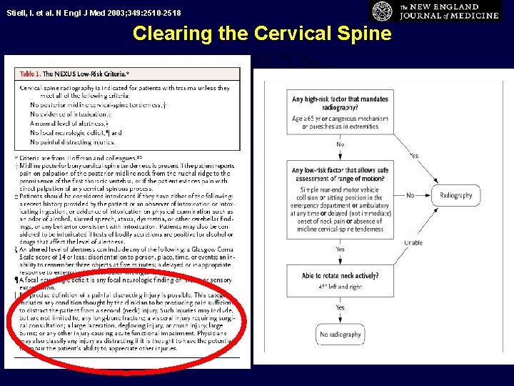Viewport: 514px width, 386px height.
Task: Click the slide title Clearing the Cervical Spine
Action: click(x=262, y=34)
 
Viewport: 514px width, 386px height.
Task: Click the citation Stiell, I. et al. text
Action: click(x=93, y=13)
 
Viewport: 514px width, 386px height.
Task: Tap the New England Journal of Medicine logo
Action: click(x=435, y=12)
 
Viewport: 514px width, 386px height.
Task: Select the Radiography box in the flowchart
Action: click(x=455, y=196)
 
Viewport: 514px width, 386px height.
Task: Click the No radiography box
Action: click(x=341, y=335)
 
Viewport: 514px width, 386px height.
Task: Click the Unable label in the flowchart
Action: click(x=413, y=243)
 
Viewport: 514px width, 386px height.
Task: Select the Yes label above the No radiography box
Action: click(x=340, y=308)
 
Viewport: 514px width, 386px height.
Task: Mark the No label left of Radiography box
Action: click(x=410, y=195)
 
